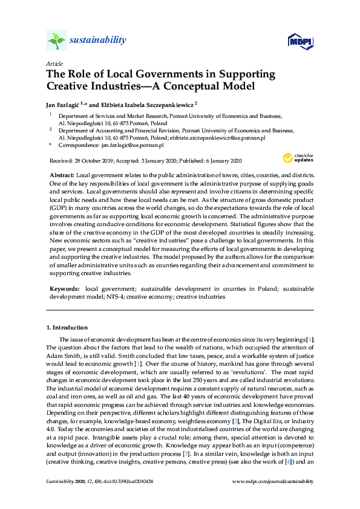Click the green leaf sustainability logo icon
(56, 41)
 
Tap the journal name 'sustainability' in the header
(98, 41)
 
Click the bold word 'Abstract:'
(62, 174)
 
